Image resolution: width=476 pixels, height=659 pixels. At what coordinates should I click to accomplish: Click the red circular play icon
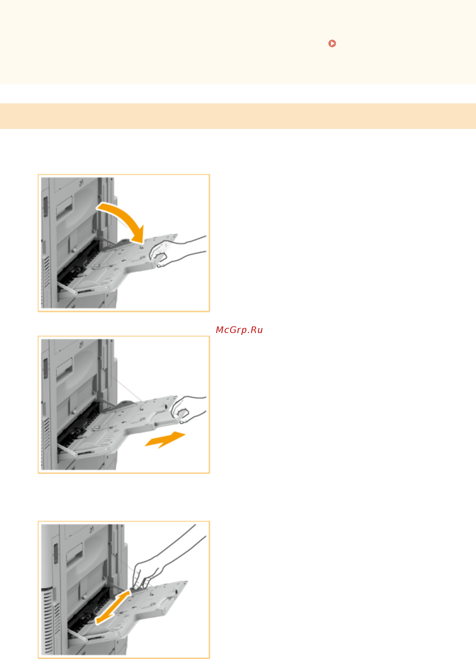(x=332, y=43)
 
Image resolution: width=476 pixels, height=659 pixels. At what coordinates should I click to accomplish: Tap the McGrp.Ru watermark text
(x=239, y=330)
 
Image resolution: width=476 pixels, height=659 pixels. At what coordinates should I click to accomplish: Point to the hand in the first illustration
(x=177, y=252)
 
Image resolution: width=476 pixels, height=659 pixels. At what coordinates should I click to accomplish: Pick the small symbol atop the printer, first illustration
(x=81, y=183)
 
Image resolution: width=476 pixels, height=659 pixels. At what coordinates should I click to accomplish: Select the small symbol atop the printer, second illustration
(x=81, y=345)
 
